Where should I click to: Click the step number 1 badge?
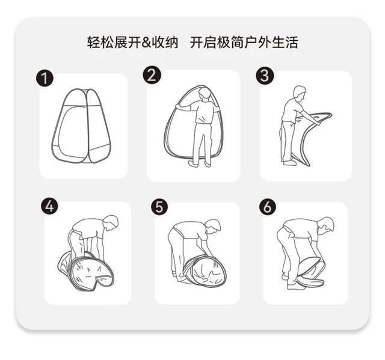pos(45,78)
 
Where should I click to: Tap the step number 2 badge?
pos(152,75)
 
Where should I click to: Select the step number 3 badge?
pos(265,76)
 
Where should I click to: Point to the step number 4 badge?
pos(49,206)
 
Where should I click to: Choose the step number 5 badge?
pos(159,207)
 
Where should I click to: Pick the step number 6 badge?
pos(268,207)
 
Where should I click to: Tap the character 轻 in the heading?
pos(94,43)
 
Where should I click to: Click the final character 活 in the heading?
pos(292,43)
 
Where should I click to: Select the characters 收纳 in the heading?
pos(165,43)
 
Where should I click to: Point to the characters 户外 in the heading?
pos(258,43)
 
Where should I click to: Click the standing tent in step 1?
pos(81,126)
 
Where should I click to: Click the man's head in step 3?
pos(300,93)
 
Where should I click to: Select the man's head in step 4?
pos(111,222)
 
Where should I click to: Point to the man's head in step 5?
pos(213,226)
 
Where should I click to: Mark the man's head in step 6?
pos(325,224)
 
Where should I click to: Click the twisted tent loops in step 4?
pos(86,270)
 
